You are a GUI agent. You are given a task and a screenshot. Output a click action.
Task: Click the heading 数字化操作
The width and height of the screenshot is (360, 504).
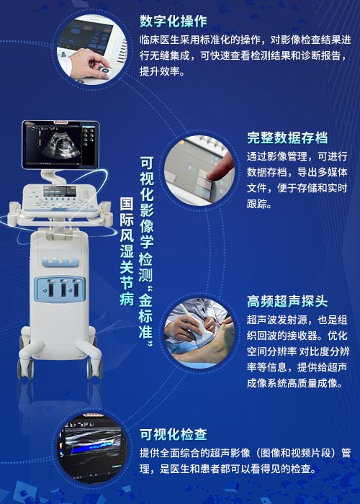pos(174,21)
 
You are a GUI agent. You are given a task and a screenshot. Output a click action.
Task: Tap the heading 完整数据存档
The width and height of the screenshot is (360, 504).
pos(287,138)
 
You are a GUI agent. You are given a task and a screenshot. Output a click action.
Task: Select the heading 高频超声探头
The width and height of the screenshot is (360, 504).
pos(287,302)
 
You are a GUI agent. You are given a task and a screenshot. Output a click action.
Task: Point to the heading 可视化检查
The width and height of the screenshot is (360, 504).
pos(174,435)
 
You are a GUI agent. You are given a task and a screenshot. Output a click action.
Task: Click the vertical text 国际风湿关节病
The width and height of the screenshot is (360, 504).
pos(127,251)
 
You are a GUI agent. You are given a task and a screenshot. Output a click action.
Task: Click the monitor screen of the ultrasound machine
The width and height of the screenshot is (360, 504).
pos(60,145)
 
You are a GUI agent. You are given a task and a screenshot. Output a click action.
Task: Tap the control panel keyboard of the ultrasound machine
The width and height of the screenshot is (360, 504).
pos(60,199)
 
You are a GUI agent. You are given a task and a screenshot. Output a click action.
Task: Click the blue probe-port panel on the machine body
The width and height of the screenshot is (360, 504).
pos(60,289)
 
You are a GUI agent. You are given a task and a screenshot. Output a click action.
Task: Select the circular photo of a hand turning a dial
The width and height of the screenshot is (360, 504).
pos(92,49)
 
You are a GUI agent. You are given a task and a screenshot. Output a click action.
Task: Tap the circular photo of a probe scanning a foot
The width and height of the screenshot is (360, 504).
pos(199,333)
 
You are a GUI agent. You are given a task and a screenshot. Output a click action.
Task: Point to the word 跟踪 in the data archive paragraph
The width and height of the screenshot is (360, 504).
pos(257,204)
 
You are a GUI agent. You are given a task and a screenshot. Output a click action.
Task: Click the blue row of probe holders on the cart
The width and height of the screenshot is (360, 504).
pos(60,261)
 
